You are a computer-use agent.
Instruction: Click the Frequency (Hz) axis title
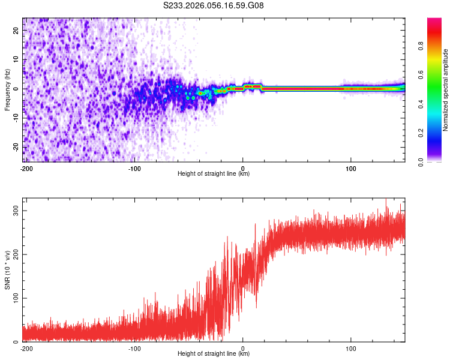point(8,89)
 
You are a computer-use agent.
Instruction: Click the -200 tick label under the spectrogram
point(26,168)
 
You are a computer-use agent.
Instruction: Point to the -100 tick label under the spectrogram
point(134,168)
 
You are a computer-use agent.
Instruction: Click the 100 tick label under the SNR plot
point(352,348)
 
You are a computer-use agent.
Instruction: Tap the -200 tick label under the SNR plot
point(26,348)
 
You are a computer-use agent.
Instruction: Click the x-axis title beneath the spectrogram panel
point(214,174)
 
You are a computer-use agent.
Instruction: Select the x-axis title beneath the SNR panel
point(214,354)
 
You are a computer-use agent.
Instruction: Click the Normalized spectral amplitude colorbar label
point(446,89)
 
